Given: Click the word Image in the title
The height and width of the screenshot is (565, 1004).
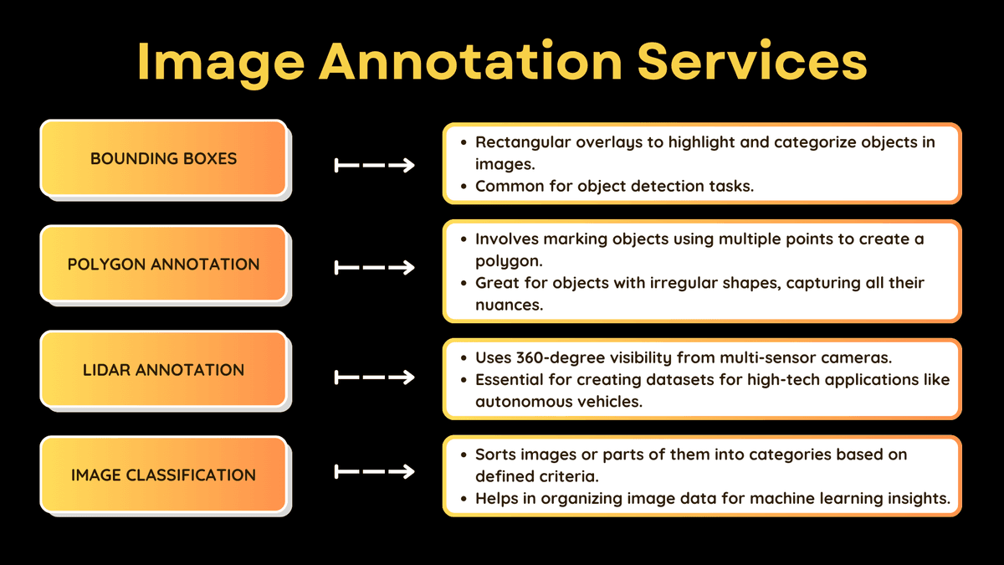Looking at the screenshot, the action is [221, 63].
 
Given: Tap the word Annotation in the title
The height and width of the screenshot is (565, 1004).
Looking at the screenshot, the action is [470, 60].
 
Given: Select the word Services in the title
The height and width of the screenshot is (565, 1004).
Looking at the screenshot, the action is [752, 60].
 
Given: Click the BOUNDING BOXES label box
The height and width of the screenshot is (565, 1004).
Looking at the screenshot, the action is [164, 158].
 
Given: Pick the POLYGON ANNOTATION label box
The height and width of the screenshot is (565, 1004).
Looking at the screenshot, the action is [164, 264].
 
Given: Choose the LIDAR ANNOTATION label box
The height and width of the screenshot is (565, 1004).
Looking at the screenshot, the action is [164, 369].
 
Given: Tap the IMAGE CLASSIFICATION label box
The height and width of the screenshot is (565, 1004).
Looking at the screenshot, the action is [164, 475].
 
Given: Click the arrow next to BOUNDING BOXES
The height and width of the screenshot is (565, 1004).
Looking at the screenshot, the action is [374, 166].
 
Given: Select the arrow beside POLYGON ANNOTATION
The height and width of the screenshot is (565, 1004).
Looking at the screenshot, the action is [374, 268].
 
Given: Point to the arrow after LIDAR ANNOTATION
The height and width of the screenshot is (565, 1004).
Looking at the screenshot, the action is [374, 378].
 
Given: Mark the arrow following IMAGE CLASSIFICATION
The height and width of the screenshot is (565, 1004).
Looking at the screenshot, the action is [374, 472].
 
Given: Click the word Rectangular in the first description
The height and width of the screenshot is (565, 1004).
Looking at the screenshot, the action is [523, 142].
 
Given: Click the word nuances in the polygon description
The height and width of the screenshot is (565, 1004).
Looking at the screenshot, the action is [510, 305].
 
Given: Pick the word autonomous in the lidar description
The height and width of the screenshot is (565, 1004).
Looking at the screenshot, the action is [517, 402].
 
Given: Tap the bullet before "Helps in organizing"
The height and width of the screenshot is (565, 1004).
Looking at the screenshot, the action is [464, 499].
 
